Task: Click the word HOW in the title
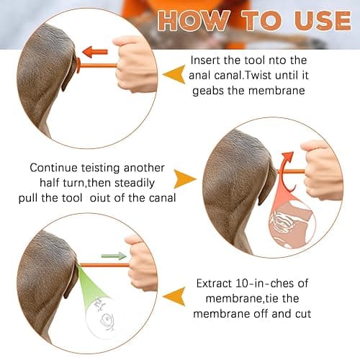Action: tap(194, 20)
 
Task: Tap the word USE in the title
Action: tap(323, 20)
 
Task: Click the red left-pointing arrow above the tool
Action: tap(95, 52)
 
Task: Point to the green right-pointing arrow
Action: tap(114, 256)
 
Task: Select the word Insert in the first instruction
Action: tap(206, 60)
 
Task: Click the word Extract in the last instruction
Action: tap(214, 284)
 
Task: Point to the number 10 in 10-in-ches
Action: tap(242, 284)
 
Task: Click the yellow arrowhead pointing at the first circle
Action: tap(174, 74)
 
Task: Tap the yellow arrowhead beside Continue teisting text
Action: tap(184, 179)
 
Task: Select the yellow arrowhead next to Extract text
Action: tap(174, 297)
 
